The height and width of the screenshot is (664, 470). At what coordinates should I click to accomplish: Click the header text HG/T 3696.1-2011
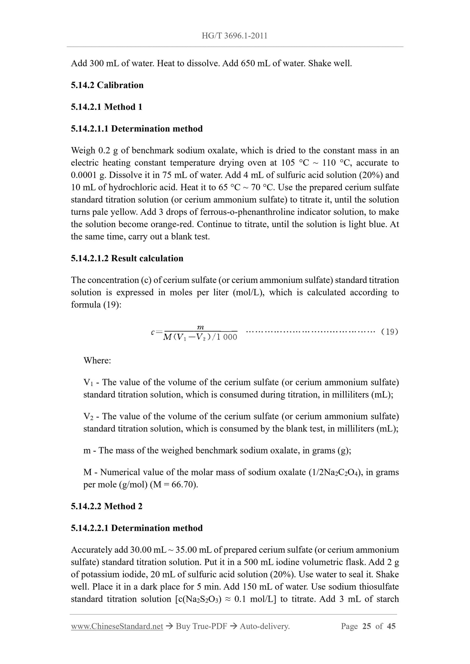235,36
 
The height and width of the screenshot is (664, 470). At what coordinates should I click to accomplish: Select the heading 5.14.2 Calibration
107,85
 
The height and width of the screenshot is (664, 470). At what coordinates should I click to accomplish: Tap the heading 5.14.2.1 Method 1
106,107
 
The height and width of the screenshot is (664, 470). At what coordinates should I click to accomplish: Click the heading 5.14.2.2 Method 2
106,506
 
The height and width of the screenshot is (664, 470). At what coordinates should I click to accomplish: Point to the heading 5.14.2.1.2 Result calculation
127,258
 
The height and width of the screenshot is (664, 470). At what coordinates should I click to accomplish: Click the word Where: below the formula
97,360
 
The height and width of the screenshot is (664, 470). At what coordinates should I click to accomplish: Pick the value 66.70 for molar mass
185,484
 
